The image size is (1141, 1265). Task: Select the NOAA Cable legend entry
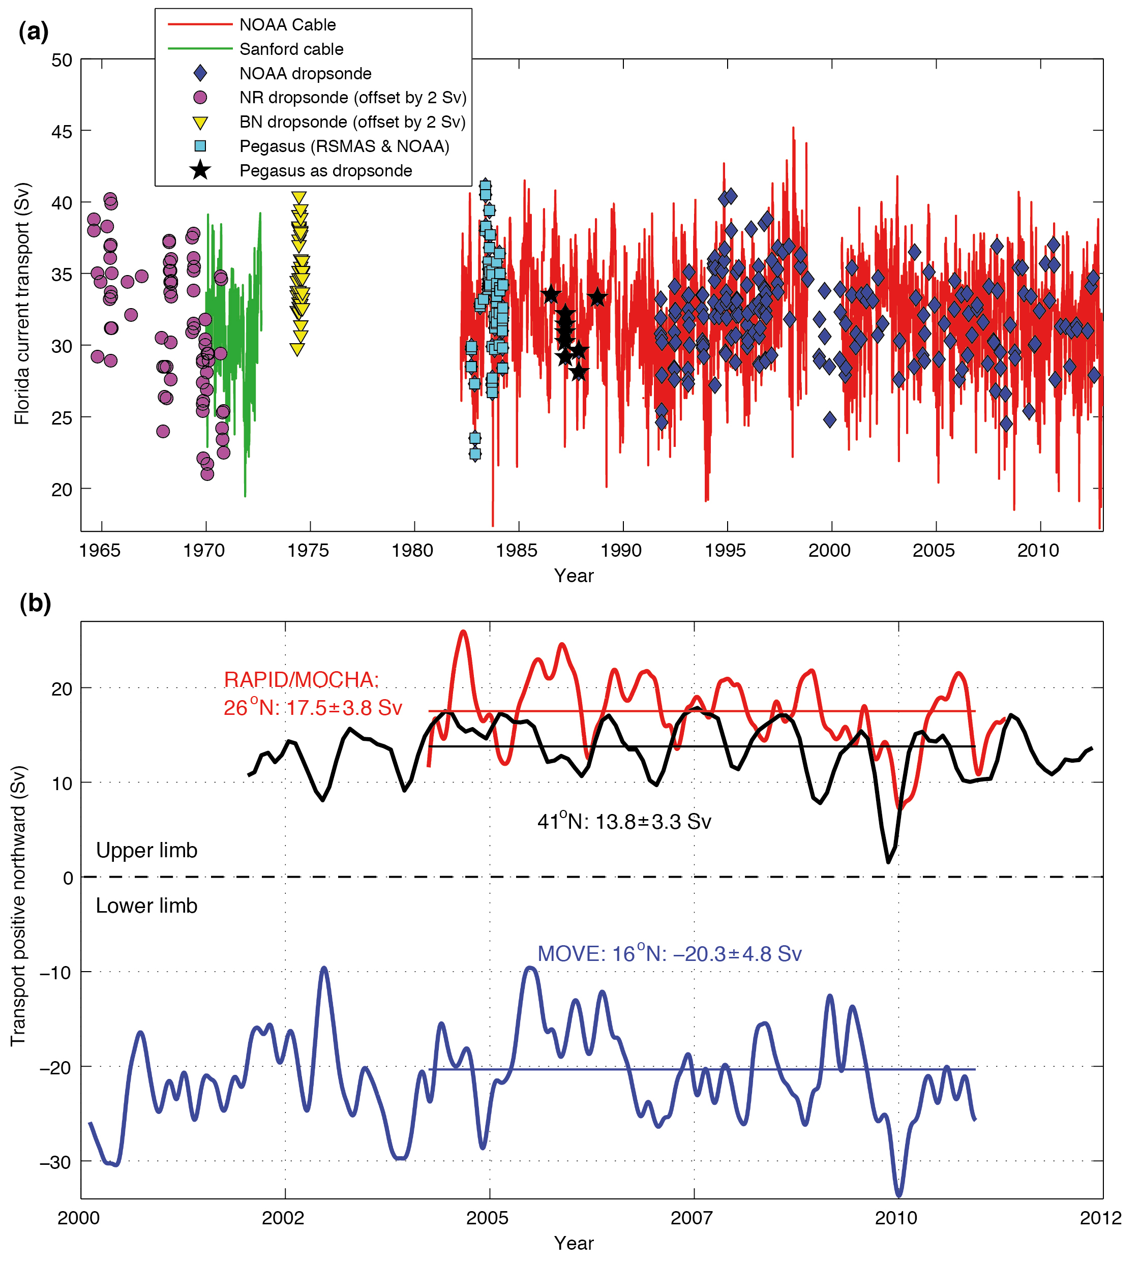[287, 24]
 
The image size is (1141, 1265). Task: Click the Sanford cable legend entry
[291, 49]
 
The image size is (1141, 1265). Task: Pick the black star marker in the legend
[200, 170]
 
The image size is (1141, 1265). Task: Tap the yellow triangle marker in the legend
[200, 122]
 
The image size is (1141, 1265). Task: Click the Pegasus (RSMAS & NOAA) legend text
[344, 146]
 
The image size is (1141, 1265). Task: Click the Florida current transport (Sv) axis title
[22, 304]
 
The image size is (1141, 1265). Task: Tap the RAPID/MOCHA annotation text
[301, 679]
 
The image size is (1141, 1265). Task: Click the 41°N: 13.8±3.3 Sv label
[624, 821]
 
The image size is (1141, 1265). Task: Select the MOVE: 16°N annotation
[669, 953]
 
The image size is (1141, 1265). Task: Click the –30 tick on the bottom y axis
[56, 1162]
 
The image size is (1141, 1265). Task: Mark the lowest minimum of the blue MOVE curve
[899, 1195]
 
